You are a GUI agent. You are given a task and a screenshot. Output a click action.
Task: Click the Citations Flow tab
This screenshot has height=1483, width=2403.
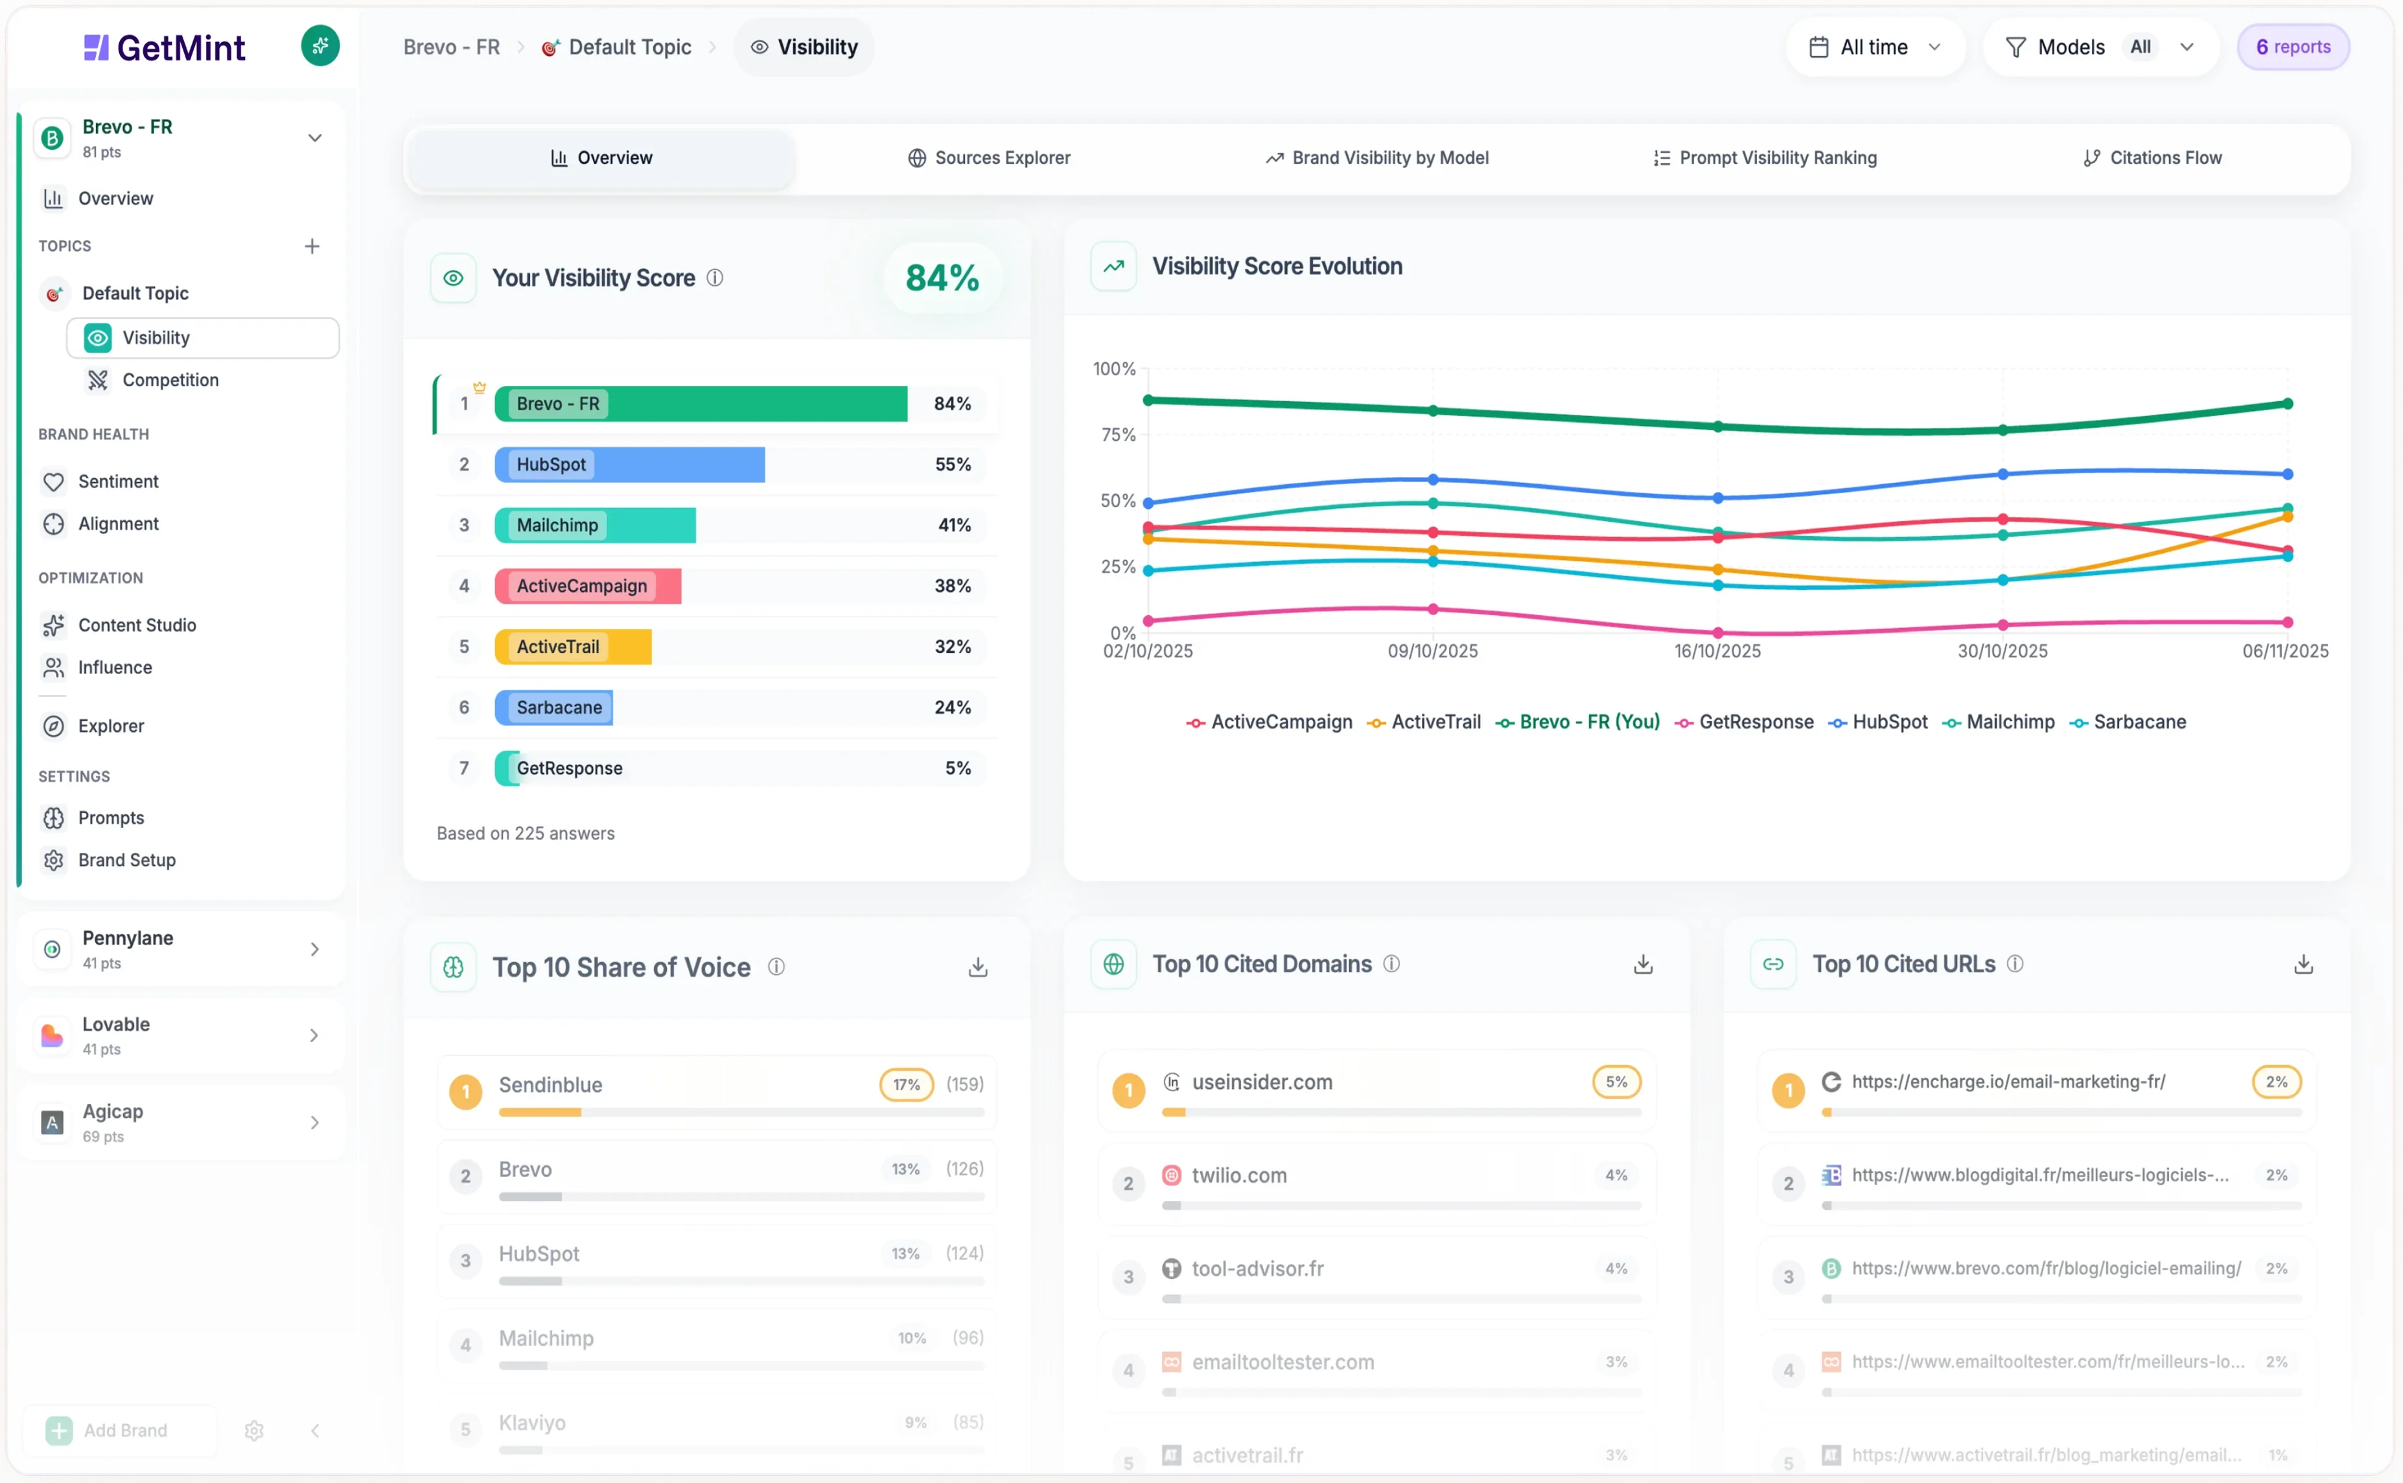coord(2152,158)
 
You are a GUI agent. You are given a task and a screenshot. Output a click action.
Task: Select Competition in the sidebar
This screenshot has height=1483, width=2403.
coord(170,380)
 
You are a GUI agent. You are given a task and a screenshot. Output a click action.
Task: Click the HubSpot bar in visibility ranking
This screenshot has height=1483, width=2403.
coord(629,465)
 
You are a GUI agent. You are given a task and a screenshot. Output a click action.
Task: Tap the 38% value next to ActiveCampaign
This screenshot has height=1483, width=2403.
coord(952,585)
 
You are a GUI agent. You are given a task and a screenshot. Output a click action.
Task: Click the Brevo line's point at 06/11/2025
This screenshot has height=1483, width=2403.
coord(2287,404)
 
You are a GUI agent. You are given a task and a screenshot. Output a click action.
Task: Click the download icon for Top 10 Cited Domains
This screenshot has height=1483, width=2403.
coord(1643,965)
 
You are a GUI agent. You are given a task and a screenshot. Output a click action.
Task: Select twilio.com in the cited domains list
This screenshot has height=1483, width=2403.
coord(1238,1175)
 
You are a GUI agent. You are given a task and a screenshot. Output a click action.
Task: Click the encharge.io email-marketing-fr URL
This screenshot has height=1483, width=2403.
coord(2008,1082)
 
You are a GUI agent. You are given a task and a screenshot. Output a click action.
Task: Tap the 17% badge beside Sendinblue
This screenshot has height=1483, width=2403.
coord(906,1085)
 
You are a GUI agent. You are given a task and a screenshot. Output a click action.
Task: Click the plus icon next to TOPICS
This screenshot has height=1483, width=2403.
coord(312,246)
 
